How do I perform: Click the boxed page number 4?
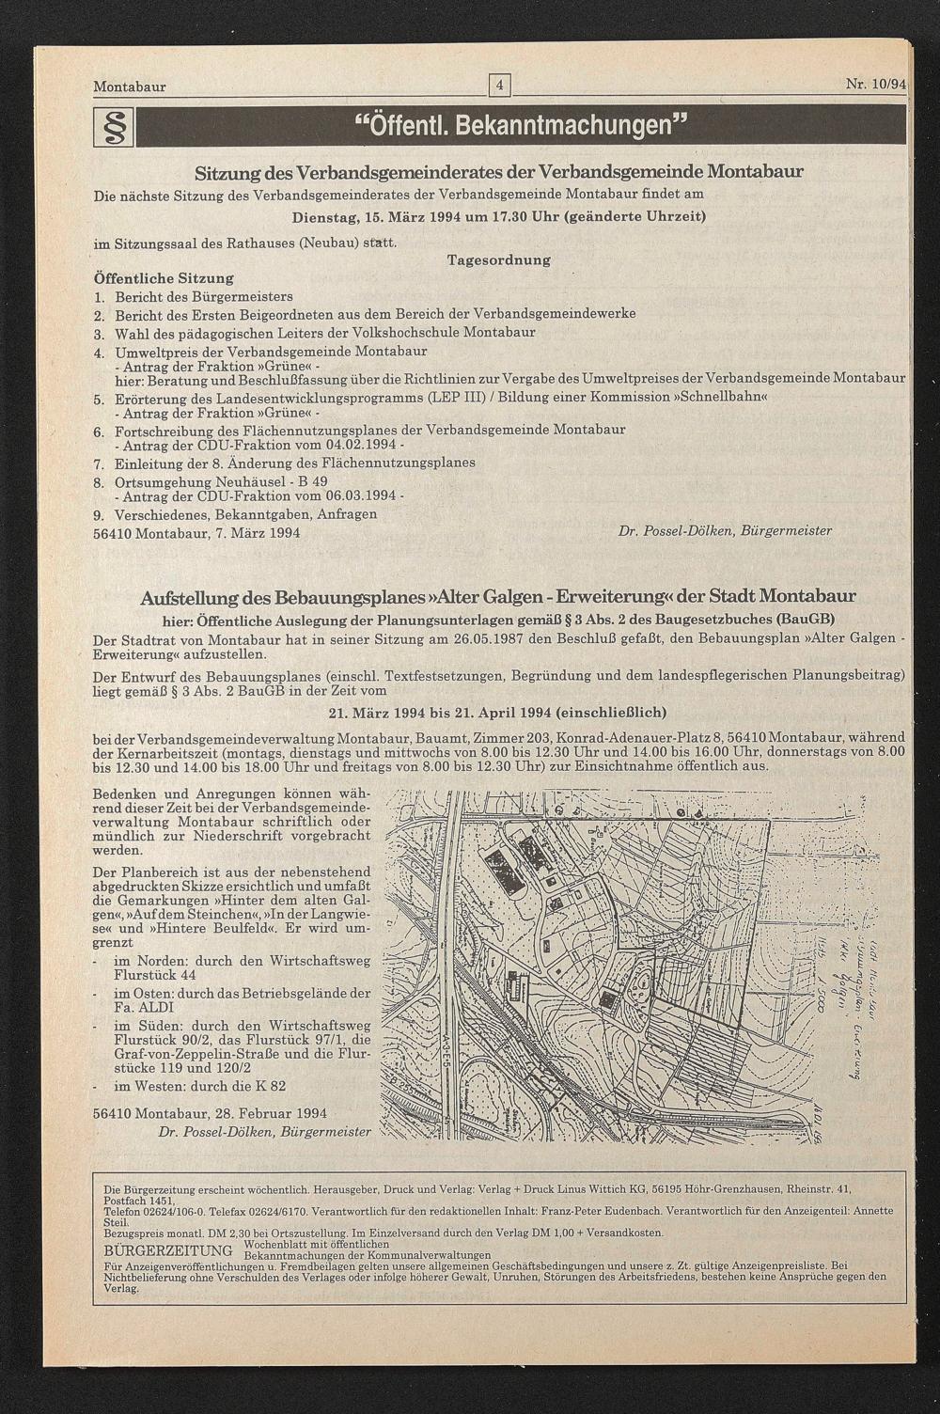click(x=499, y=86)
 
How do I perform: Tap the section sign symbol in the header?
click(x=113, y=127)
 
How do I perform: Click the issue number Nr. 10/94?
click(x=874, y=85)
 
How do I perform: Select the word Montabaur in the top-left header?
click(x=130, y=87)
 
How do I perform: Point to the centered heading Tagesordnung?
click(x=498, y=259)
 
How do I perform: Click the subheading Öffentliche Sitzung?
click(x=164, y=278)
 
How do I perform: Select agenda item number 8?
click(x=99, y=482)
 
